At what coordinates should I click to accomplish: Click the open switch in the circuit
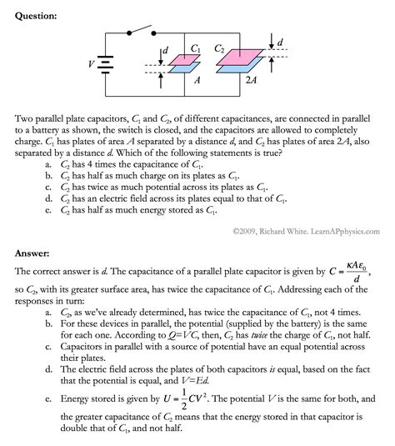pyautogui.click(x=142, y=31)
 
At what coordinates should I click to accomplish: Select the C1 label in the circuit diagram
pyautogui.click(x=194, y=48)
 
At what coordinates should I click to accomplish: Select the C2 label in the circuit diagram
pyautogui.click(x=219, y=48)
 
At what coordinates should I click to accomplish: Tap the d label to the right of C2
pyautogui.click(x=279, y=42)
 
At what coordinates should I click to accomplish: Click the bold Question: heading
pyautogui.click(x=33, y=15)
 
